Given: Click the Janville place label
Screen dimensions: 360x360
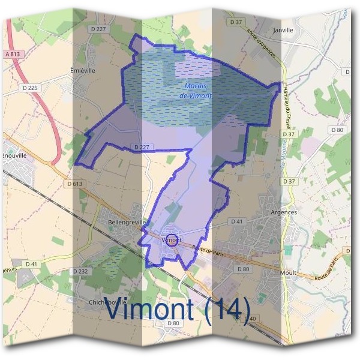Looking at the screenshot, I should pyautogui.click(x=283, y=29).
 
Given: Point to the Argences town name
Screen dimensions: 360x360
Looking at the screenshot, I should pyautogui.click(x=283, y=212).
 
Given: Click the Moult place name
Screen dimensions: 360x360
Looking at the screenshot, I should pyautogui.click(x=288, y=272).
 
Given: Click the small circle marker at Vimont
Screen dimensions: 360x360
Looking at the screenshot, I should pyautogui.click(x=172, y=240).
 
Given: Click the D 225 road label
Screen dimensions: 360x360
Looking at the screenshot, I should pyautogui.click(x=32, y=88).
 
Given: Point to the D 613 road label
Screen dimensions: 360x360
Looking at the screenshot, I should pyautogui.click(x=74, y=184).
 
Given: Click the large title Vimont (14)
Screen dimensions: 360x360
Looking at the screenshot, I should pyautogui.click(x=177, y=309).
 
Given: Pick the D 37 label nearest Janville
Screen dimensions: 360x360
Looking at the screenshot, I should pyautogui.click(x=236, y=22).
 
